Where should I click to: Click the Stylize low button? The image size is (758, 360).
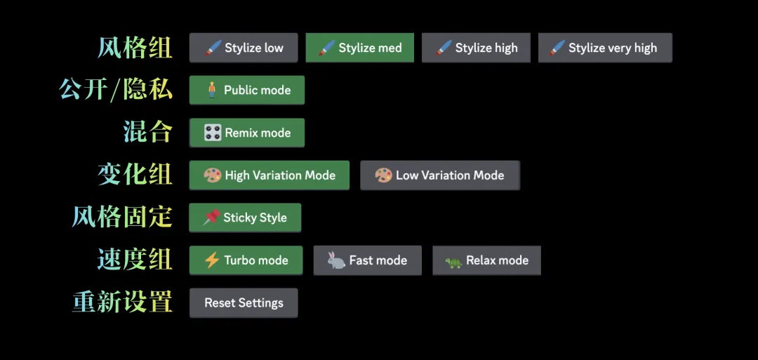tap(244, 48)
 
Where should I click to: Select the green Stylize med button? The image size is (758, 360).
tap(359, 48)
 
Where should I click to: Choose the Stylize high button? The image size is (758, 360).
tap(476, 48)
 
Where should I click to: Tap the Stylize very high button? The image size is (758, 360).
tap(605, 48)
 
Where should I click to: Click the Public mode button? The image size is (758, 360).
tap(247, 90)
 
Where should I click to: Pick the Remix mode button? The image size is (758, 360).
tap(247, 133)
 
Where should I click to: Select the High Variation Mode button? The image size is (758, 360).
tap(270, 175)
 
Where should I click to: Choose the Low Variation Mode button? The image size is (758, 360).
tap(440, 175)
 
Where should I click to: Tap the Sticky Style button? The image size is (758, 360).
tap(245, 218)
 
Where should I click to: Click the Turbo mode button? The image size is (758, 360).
tap(246, 260)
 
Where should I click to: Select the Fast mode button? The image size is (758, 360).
tap(367, 260)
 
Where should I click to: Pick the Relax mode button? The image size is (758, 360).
tap(487, 260)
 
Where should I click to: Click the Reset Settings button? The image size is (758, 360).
tap(244, 303)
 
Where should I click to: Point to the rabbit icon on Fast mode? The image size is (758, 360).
tap(336, 260)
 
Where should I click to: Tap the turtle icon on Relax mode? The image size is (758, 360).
tap(453, 262)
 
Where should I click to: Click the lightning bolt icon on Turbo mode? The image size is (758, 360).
tap(212, 260)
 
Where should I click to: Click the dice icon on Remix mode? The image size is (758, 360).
tap(213, 133)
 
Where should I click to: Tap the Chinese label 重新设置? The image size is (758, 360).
tap(122, 302)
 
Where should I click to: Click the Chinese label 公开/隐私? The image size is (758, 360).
tap(116, 89)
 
